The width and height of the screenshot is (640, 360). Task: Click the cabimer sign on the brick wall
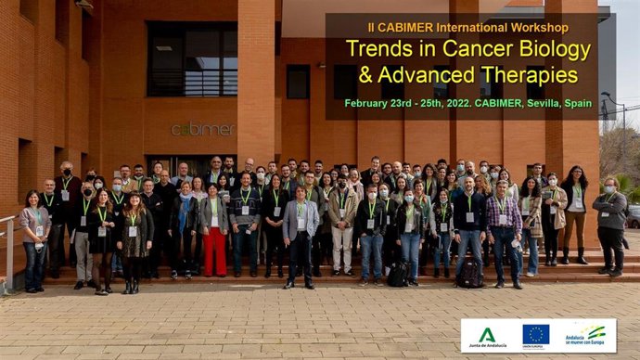[203, 129]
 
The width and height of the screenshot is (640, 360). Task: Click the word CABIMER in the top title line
[432, 27]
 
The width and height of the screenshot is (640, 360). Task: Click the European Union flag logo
[535, 334]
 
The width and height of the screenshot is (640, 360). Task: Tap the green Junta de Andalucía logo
[487, 335]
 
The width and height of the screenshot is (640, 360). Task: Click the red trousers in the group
[214, 251]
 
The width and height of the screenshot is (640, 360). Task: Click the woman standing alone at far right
[610, 226]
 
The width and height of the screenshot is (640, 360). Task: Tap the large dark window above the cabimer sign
[192, 59]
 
